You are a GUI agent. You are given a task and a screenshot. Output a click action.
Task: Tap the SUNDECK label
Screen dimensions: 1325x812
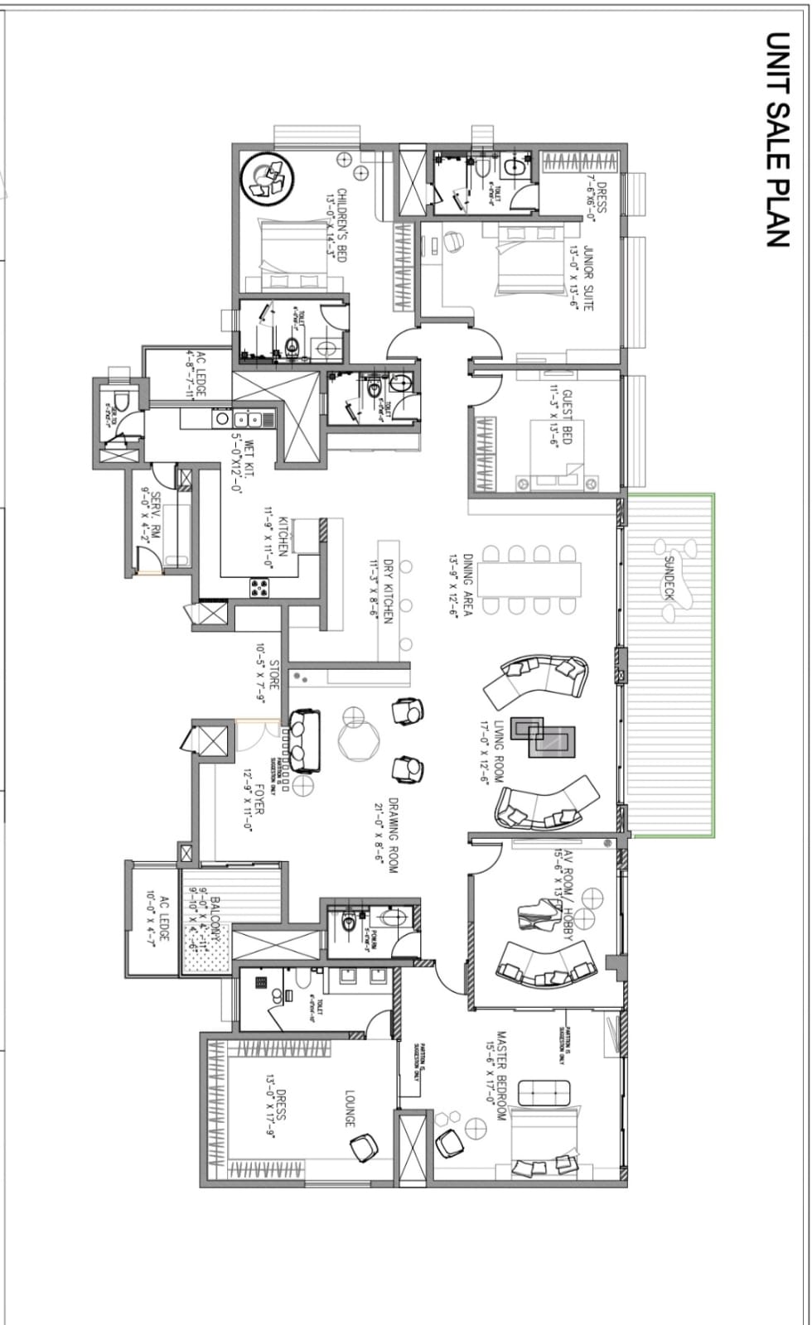point(669,577)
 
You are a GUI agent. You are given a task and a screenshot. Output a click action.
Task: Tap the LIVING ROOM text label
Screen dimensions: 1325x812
point(499,751)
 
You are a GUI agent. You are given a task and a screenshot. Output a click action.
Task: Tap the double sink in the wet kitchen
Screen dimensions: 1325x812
point(246,419)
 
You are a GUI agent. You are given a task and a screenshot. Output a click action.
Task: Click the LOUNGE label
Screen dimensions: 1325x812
point(349,1107)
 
